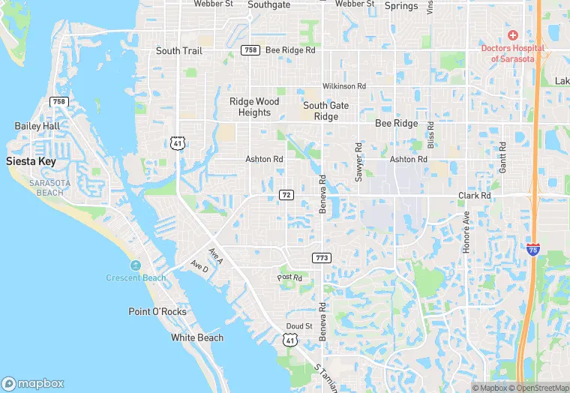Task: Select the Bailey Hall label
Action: pyautogui.click(x=37, y=126)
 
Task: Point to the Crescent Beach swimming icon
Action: pyautogui.click(x=135, y=265)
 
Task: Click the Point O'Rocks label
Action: pyautogui.click(x=157, y=312)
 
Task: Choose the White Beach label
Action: pyautogui.click(x=197, y=337)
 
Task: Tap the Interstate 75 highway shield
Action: pyautogui.click(x=532, y=250)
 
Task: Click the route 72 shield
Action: pyautogui.click(x=286, y=195)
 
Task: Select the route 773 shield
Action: pyautogui.click(x=321, y=258)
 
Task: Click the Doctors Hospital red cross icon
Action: pyautogui.click(x=513, y=35)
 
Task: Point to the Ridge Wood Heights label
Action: pyautogui.click(x=254, y=107)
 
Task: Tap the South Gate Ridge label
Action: pyautogui.click(x=325, y=111)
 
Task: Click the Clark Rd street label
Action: pyautogui.click(x=475, y=196)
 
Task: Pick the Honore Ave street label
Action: pyautogui.click(x=466, y=232)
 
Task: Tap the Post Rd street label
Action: pyautogui.click(x=289, y=277)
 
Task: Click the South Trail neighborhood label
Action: pyautogui.click(x=179, y=51)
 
